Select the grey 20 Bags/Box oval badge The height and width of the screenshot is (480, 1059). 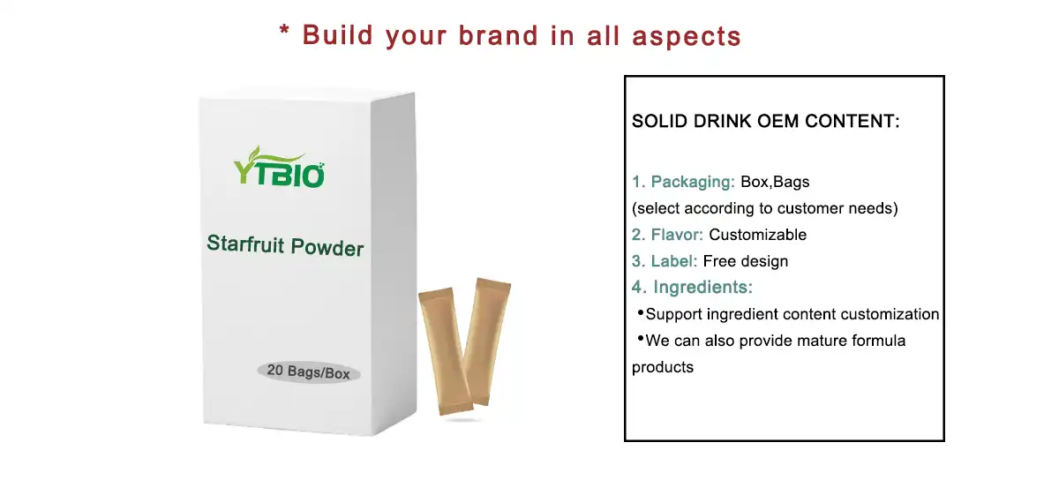coord(308,372)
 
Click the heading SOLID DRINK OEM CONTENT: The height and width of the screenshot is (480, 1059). coord(766,122)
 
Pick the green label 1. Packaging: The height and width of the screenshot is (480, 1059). coord(683,182)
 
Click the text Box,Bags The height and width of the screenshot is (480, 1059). coord(775,182)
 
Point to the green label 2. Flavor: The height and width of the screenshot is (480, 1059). coord(667,235)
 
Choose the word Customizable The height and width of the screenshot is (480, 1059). coord(758,235)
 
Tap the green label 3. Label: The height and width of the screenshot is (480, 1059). coord(665,261)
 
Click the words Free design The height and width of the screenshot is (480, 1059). coord(746,261)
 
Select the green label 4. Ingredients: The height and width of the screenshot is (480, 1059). coord(692,288)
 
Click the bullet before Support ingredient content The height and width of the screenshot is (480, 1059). coord(640,313)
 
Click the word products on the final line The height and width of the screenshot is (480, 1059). coord(663,367)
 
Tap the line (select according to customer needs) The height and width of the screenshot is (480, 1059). coord(764,209)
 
